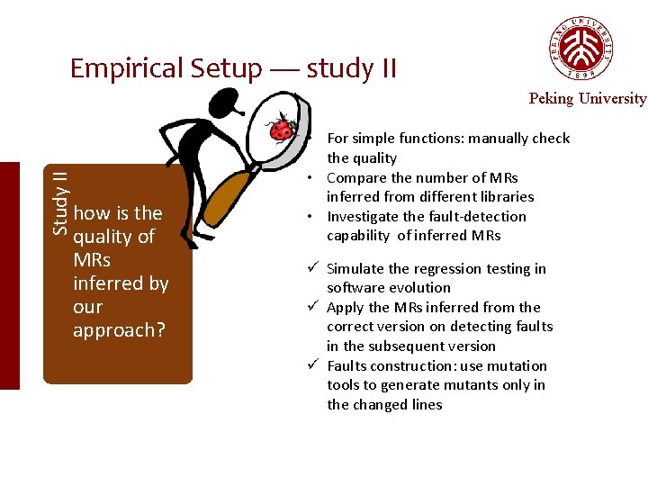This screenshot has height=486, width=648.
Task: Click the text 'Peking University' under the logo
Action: (587, 99)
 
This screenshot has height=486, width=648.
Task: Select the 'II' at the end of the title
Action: (385, 68)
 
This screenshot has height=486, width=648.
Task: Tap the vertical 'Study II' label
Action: (59, 202)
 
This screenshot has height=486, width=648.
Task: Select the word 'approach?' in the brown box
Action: (119, 330)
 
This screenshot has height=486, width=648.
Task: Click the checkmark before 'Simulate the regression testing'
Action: (312, 268)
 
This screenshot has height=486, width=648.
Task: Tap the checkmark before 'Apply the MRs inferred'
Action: (312, 307)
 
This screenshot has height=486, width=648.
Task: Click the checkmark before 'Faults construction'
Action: (312, 365)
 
